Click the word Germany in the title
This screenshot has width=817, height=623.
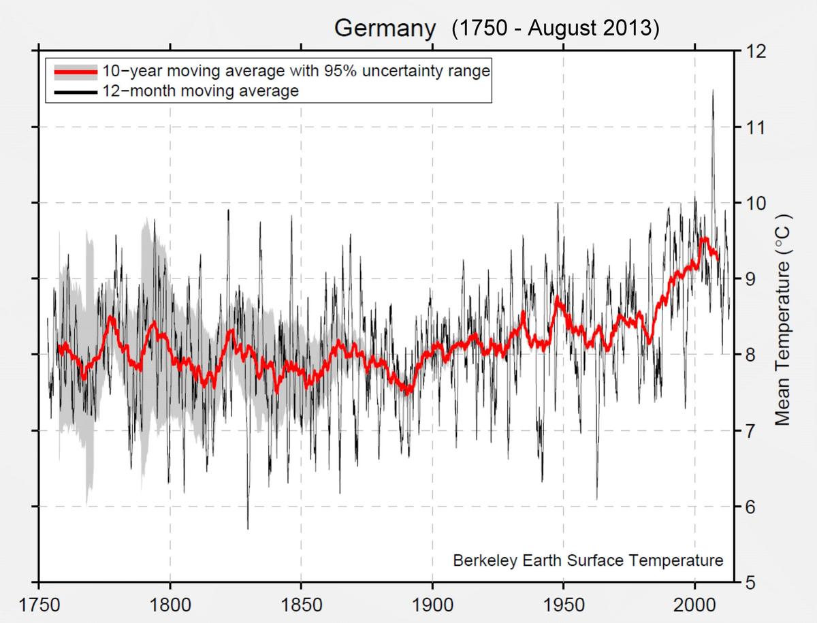point(385,29)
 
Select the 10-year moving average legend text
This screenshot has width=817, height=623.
point(296,71)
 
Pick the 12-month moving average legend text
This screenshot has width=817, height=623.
point(201,91)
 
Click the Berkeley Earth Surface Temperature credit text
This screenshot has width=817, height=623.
point(588,560)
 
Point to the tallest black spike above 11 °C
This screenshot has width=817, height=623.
point(713,92)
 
